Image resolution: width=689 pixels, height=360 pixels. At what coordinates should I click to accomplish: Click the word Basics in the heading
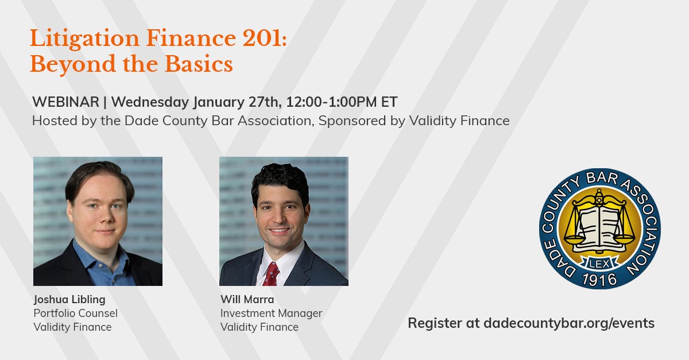point(199,64)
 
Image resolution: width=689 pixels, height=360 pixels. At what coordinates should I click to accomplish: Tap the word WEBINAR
point(65,102)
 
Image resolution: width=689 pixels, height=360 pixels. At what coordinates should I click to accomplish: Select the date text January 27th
point(237,102)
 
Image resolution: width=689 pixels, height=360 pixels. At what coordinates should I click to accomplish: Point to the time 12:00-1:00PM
point(332,102)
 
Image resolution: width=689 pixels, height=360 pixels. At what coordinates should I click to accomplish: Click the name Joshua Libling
point(69,299)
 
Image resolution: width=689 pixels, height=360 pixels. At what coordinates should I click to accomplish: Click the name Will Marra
point(247,299)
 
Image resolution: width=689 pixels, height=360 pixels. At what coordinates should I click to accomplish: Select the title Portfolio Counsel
point(75,313)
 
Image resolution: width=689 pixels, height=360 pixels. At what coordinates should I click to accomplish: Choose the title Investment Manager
point(271,313)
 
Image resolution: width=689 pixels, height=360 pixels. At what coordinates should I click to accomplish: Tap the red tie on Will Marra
point(270,274)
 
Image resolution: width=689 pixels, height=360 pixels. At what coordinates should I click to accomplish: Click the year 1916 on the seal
point(599,280)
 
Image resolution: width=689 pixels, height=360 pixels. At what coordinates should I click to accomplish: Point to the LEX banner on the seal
point(600,264)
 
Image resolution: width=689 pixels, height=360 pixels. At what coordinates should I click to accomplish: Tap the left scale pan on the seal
point(574,238)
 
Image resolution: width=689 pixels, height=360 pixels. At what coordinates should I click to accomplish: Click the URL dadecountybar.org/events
point(569,323)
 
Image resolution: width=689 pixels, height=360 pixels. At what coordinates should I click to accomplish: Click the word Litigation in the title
point(84,39)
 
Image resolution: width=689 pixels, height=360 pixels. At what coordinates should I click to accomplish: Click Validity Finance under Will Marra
point(260,327)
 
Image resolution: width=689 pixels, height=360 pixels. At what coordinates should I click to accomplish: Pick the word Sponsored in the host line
point(352,121)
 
